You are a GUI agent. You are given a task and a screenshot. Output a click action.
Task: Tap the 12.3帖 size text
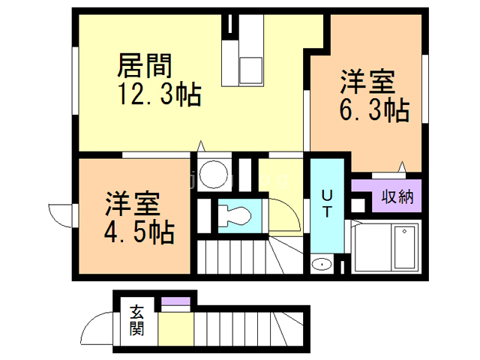pos(157,95)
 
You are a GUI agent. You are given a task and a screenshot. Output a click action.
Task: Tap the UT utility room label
pos(327,203)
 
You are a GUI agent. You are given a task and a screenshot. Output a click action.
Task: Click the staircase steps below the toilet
pos(240,259)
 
